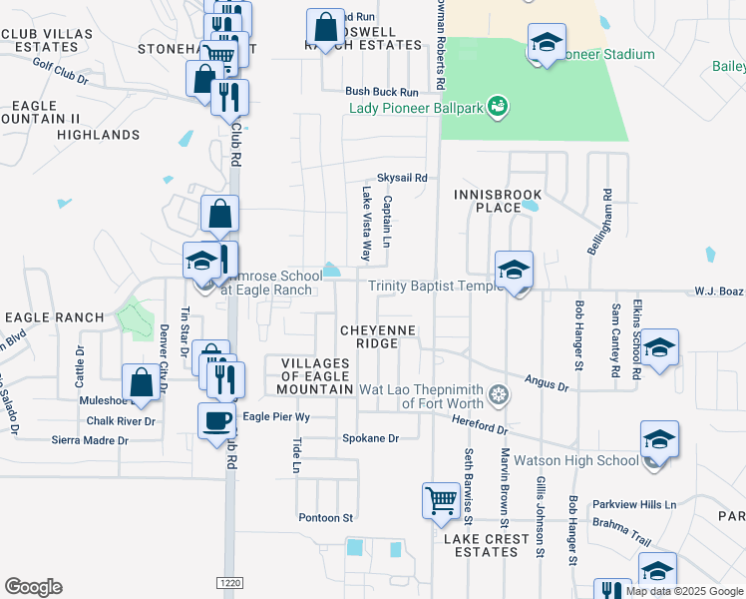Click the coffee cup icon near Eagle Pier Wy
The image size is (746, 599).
217,420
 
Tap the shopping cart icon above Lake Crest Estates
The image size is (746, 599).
441,501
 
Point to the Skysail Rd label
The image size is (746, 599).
402,178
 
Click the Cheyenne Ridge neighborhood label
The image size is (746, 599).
369,335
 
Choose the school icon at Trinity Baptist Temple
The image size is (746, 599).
515,271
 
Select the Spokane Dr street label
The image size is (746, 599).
370,438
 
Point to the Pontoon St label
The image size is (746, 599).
326,518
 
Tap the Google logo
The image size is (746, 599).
33,587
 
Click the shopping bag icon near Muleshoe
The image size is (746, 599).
142,382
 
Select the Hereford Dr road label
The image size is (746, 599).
482,427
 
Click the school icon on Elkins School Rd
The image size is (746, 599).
659,348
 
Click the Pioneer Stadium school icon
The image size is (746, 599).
547,43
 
